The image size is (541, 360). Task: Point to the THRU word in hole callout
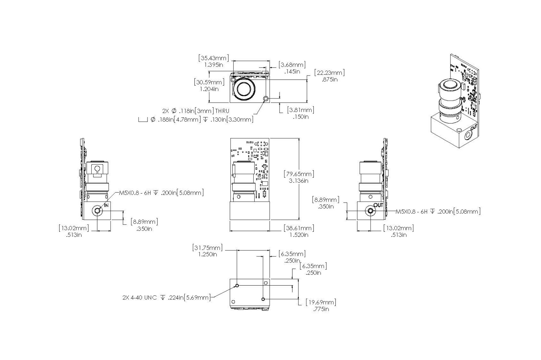pos(222,111)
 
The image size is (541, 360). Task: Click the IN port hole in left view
pos(98,211)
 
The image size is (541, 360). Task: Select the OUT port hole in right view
pos(370,211)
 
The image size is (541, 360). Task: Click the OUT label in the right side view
pos(378,205)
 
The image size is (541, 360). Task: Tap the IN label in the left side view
pos(106,205)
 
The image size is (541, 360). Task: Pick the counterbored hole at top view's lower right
pos(266,98)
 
